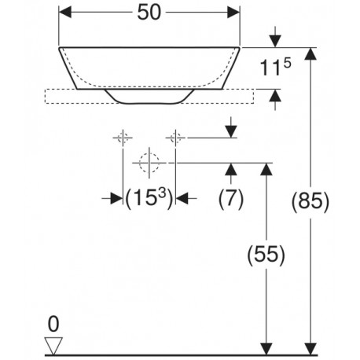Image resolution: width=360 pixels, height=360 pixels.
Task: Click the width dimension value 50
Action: [x=149, y=13]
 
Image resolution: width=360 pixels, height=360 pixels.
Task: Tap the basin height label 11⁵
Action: [x=275, y=68]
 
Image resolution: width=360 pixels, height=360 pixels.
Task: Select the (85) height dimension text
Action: [x=310, y=201]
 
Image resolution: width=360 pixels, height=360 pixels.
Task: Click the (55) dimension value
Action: [x=266, y=255]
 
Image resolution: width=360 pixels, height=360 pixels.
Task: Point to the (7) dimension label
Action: [x=231, y=198]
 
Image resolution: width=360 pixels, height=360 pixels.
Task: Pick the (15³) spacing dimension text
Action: [x=149, y=198]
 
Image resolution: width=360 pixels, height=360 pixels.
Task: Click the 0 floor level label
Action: [x=53, y=324]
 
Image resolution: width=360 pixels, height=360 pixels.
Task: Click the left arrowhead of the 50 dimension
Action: [x=65, y=13]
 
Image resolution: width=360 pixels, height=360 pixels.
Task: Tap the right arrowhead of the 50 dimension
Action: [x=233, y=13]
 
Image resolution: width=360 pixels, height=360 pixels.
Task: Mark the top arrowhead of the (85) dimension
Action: [x=310, y=54]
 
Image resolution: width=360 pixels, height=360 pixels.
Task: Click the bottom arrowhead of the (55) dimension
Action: [x=266, y=349]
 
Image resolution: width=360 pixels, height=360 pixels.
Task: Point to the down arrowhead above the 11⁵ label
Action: [x=275, y=42]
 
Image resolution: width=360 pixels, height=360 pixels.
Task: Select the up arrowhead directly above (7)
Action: [x=231, y=169]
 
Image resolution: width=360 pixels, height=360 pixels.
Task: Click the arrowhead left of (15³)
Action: [x=116, y=198]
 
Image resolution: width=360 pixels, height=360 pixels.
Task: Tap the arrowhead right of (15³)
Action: [x=182, y=198]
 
